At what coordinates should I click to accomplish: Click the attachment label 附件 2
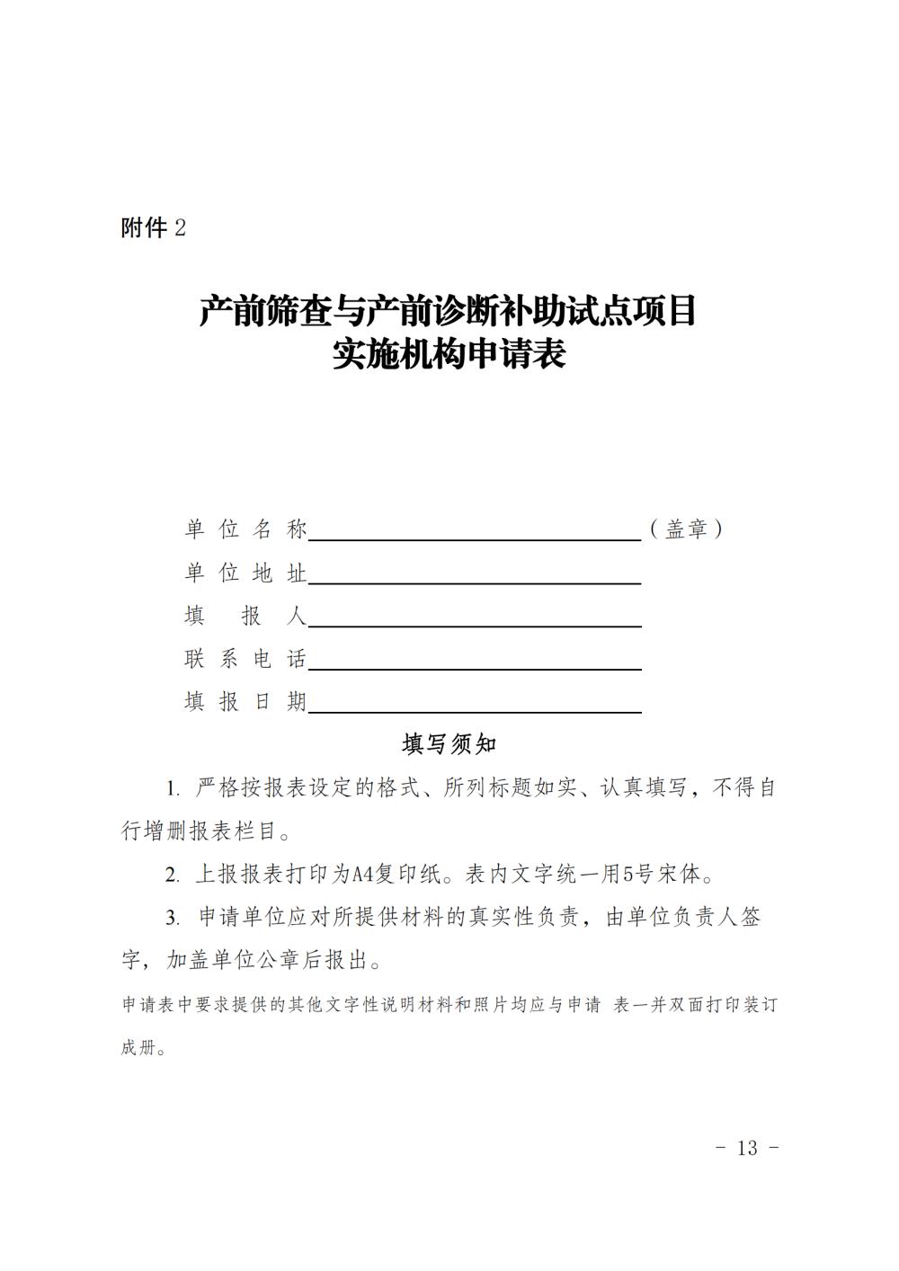[153, 228]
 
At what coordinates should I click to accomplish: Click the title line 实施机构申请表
[449, 354]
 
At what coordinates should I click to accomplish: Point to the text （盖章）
[687, 529]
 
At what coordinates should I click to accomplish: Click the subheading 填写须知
[449, 744]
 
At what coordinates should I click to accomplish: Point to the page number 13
[747, 1147]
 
